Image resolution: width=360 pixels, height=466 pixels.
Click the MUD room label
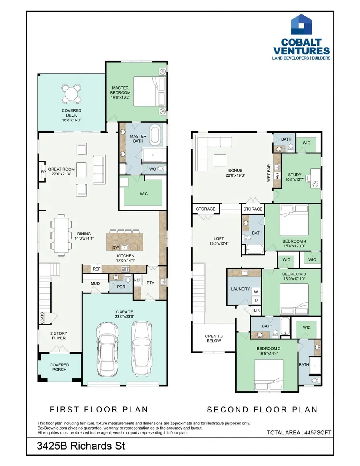[95, 283]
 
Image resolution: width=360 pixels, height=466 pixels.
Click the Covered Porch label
[59, 367]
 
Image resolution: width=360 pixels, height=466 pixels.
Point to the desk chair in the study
[316, 183]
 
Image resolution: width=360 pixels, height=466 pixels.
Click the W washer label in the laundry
[255, 291]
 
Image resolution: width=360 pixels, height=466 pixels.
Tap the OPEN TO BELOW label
[214, 339]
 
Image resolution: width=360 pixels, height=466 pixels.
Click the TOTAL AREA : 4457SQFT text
[299, 432]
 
